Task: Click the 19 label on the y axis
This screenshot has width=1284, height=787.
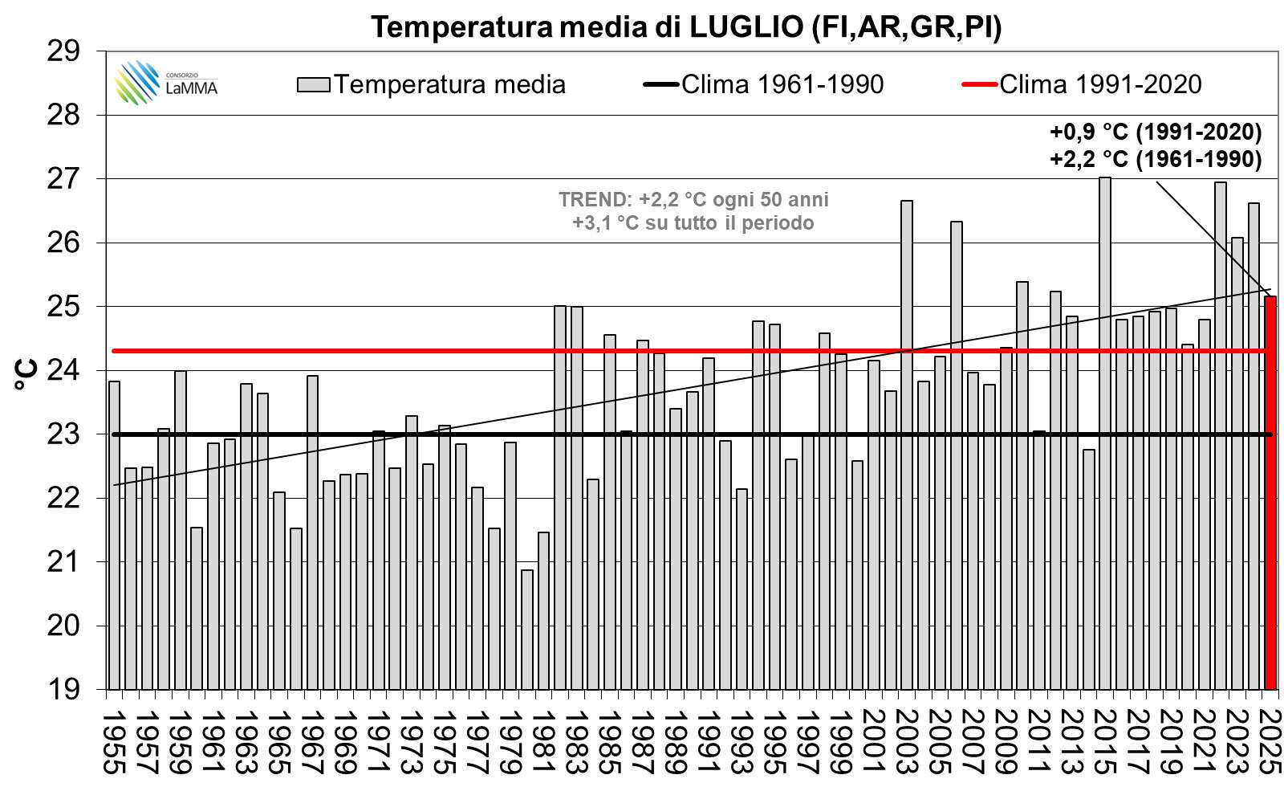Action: coord(64,689)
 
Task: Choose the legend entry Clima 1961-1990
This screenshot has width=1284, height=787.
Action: coord(782,84)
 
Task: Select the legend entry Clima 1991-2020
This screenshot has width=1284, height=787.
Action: coord(1099,84)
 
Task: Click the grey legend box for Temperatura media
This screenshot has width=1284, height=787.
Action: coord(313,84)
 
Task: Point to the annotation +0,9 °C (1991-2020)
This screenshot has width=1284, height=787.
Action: coord(1156,131)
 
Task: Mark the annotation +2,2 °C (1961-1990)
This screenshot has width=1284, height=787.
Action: coord(1156,159)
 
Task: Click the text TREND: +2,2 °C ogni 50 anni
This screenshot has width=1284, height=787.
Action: coord(693,199)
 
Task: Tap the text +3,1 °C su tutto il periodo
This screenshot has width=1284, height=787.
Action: coord(693,222)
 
